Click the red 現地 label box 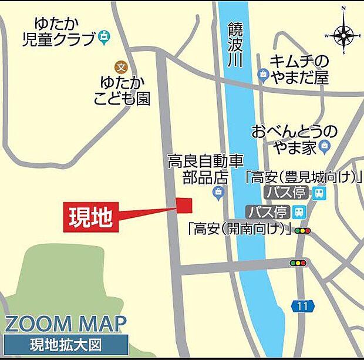[90, 217]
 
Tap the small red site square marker [184, 204]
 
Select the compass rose [344, 35]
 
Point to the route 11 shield [302, 306]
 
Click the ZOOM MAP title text [66, 324]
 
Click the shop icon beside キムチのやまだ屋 [262, 74]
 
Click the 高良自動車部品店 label [205, 169]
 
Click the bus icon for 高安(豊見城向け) [319, 193]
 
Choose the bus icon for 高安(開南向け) [299, 212]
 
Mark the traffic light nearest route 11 [298, 263]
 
